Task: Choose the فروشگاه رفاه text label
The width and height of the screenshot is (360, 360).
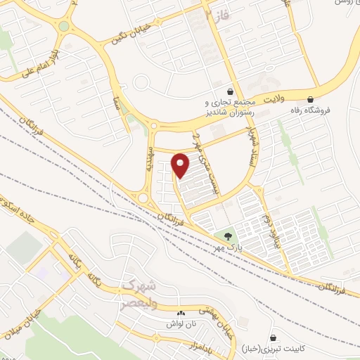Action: pos(330,110)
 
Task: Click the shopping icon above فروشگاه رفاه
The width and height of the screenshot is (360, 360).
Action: pos(311,99)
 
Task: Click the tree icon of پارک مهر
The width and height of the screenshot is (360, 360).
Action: pos(226,236)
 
